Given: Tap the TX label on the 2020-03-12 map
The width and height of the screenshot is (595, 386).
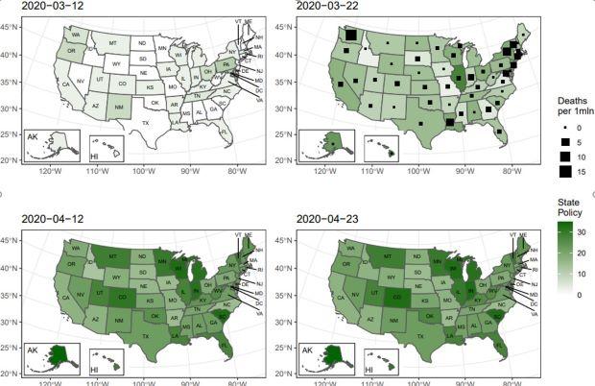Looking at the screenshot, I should (146, 123).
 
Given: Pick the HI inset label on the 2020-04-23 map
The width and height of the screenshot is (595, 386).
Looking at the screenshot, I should (370, 366).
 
